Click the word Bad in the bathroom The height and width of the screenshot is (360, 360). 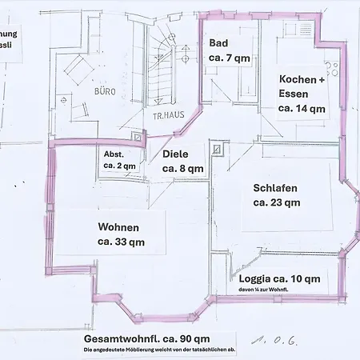pos(219,43)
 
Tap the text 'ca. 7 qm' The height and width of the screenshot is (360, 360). pos(229,58)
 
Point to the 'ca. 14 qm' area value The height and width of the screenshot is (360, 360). pos(302,108)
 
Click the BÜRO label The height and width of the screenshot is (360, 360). pos(105,92)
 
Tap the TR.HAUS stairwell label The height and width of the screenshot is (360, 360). pos(169,114)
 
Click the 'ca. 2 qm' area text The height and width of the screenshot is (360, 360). pos(120,165)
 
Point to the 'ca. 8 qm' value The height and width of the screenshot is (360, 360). pos(182,169)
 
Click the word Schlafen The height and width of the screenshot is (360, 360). pos(275,188)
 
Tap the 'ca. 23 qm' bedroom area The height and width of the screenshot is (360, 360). pos(277,202)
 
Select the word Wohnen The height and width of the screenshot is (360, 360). pos(118,226)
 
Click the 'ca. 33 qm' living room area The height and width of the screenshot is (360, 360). pos(121,241)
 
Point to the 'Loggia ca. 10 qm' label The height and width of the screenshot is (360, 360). pos(279,278)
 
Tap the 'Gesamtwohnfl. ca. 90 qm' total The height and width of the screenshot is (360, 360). pos(151,338)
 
